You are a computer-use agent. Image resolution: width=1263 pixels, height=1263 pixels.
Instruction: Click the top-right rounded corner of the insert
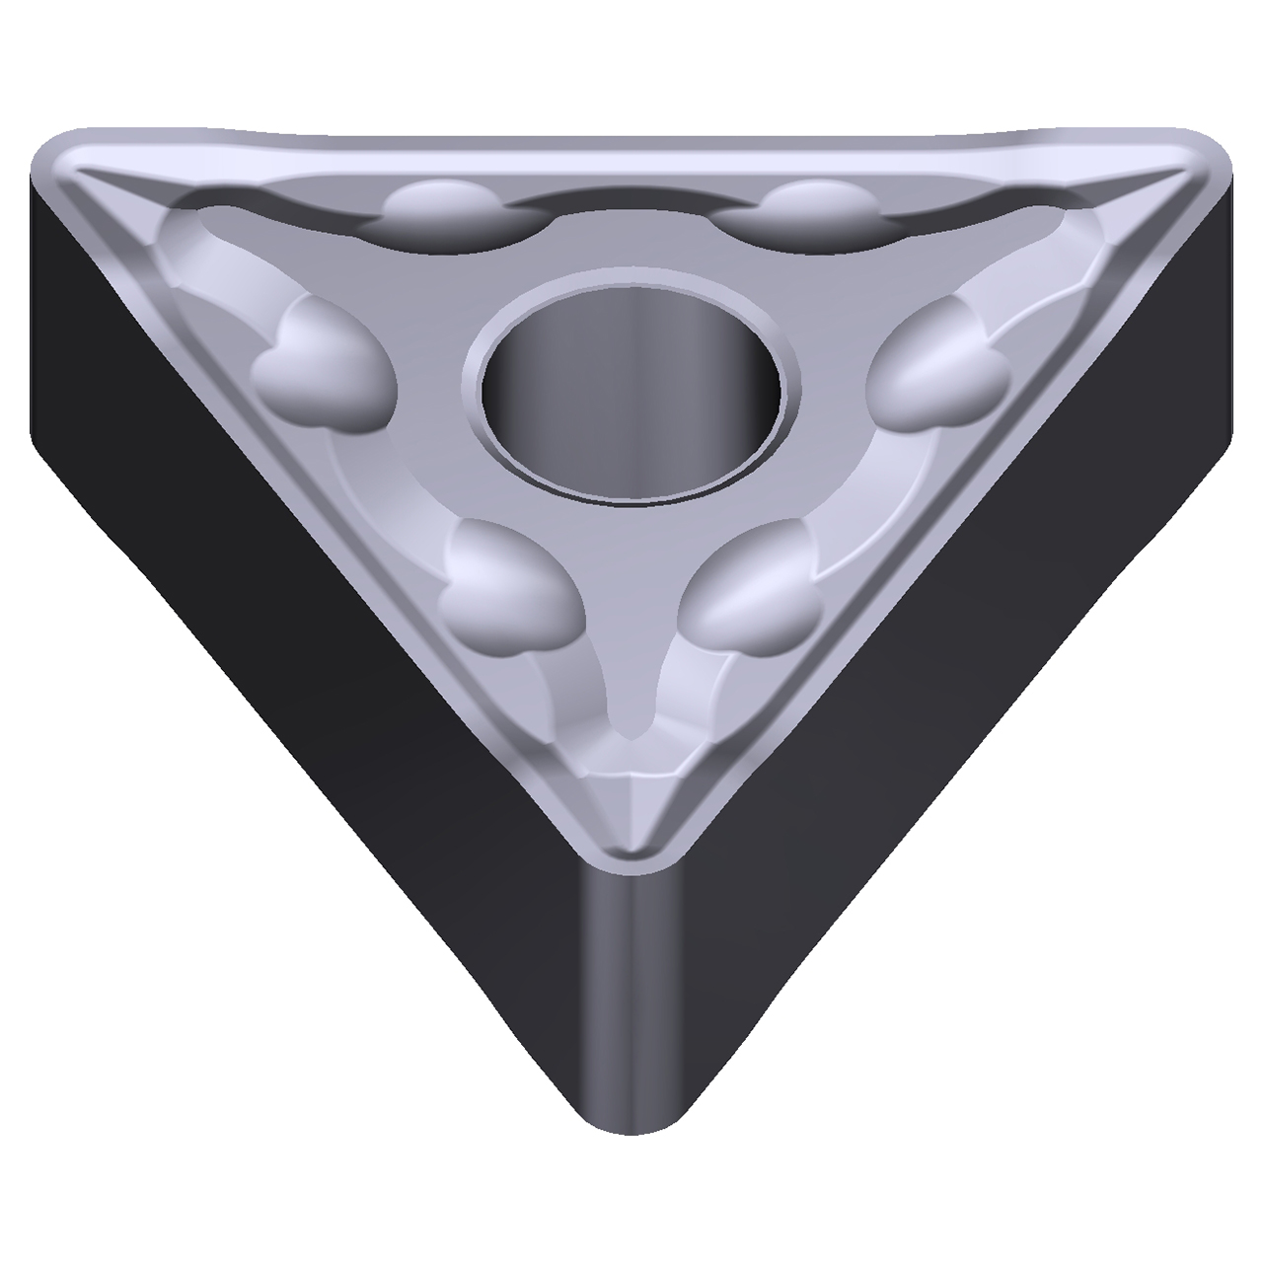point(1199,163)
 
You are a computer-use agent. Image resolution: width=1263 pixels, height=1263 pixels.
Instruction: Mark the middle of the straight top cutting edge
point(631,143)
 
